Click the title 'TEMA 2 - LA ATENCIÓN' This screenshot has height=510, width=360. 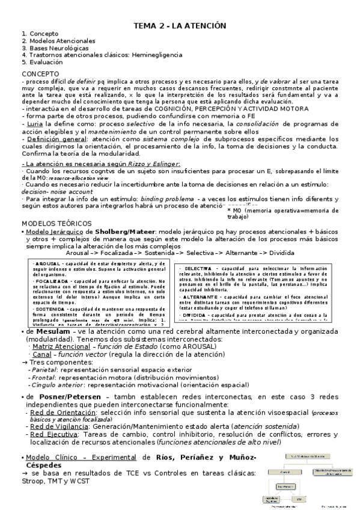(x=179, y=26)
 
